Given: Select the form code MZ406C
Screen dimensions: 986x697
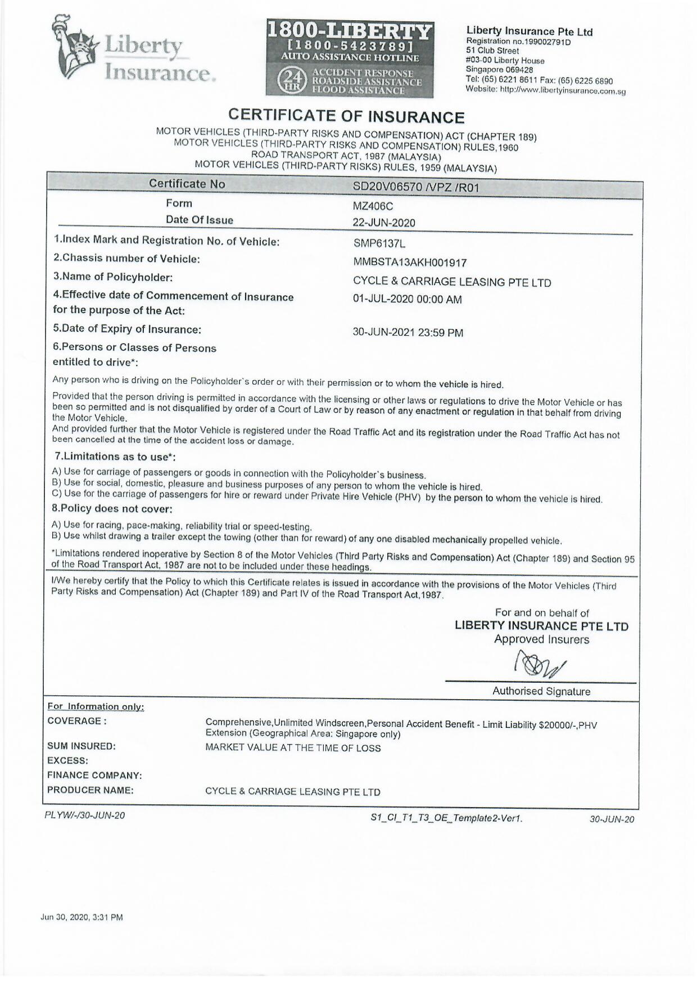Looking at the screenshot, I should (373, 206).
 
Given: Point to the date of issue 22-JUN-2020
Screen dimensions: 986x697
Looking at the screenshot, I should (384, 223).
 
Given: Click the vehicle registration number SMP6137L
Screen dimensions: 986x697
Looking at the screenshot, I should (379, 244).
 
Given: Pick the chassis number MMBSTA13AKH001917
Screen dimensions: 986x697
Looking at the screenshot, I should (410, 262).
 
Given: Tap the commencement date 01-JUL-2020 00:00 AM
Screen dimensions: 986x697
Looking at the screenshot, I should (408, 299).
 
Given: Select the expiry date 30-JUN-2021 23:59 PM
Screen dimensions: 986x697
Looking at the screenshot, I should (408, 332).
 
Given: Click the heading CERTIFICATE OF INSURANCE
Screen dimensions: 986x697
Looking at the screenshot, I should (346, 116).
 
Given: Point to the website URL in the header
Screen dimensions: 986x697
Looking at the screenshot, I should (563, 91).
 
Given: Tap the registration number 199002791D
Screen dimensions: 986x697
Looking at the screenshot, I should (540, 42).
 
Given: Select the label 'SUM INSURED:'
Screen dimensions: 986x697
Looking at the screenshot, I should (82, 746).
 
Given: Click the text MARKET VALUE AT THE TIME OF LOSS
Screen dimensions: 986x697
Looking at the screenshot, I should (293, 748).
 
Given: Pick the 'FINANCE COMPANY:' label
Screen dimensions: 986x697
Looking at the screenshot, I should (94, 776).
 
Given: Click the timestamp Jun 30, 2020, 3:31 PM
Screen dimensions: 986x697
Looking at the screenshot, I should (82, 917).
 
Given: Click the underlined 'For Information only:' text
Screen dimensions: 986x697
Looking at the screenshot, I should (96, 706).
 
